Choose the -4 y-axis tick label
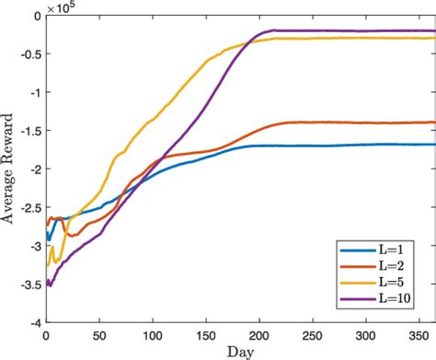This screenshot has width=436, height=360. coord(33,323)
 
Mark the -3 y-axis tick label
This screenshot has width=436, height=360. coord(33,247)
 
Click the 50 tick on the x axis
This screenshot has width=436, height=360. coord(99,335)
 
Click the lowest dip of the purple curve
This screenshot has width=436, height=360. coord(50,285)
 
